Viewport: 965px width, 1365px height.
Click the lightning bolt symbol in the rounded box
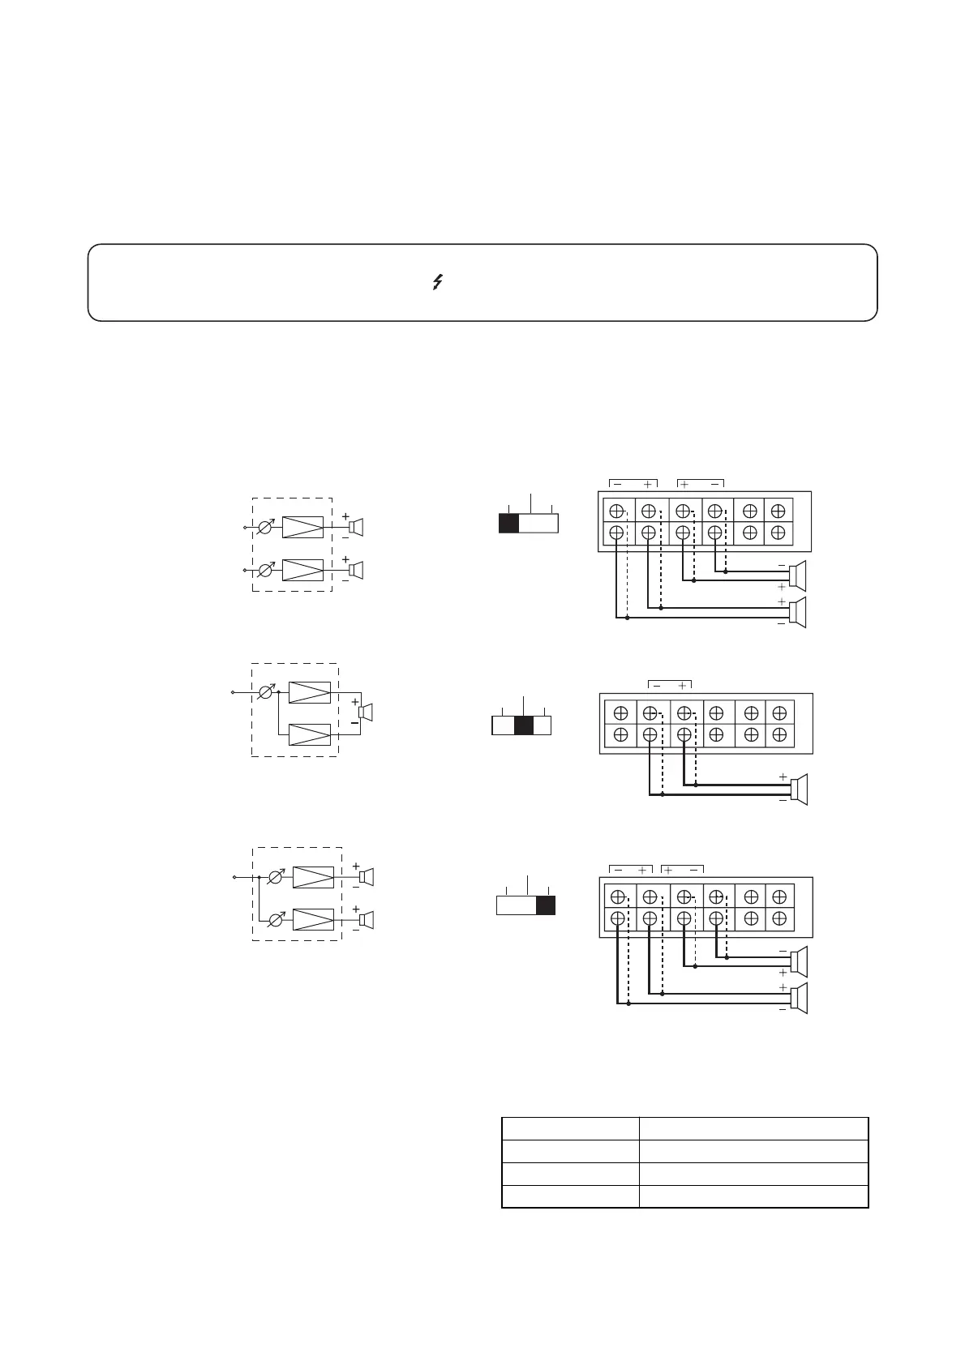[x=437, y=282]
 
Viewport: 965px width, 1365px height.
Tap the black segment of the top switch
[x=508, y=523]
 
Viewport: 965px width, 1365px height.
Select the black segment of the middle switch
[x=524, y=725]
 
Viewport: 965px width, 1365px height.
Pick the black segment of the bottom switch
[x=546, y=905]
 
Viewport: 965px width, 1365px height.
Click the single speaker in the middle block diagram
[x=366, y=712]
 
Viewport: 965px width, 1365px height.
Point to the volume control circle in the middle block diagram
[x=265, y=693]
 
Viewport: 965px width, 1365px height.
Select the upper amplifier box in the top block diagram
[x=302, y=527]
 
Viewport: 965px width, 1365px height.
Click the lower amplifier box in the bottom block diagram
[x=313, y=919]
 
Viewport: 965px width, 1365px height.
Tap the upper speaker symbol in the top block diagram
[x=355, y=527]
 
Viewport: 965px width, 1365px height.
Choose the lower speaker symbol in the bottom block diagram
[x=366, y=920]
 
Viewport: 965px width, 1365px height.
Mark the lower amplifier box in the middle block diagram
[x=310, y=734]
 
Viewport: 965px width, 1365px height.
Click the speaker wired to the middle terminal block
[x=799, y=789]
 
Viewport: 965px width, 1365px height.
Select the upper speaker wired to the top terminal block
[x=799, y=576]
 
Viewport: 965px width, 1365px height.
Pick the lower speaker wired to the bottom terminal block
[x=799, y=998]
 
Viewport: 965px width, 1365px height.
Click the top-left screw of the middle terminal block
[x=621, y=713]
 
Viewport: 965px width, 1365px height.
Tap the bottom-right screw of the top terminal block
[x=778, y=533]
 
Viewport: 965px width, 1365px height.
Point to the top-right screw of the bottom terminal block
[x=779, y=896]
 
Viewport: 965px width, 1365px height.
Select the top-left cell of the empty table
[x=570, y=1128]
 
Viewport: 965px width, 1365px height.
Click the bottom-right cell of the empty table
[x=753, y=1196]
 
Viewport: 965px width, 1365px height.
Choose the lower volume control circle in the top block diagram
[x=265, y=570]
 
